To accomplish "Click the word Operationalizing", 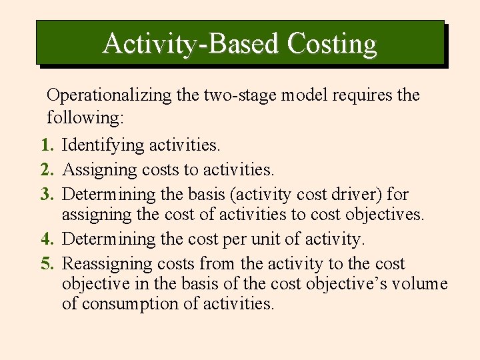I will [x=110, y=95].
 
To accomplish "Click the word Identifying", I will [x=103, y=145].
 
